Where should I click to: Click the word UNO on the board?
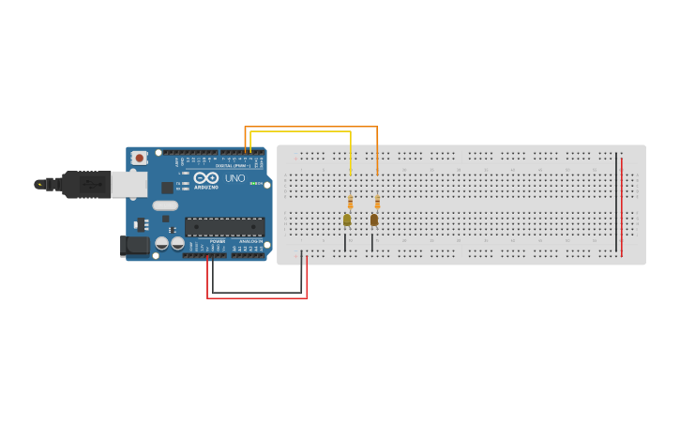(234, 178)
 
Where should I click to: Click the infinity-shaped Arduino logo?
(206, 178)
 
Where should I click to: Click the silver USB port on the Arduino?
(128, 184)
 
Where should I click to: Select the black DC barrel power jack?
(134, 246)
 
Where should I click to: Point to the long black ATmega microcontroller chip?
(224, 226)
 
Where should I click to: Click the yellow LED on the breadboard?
(346, 220)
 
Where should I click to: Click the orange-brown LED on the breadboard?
(373, 220)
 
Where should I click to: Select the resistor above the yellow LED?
(350, 202)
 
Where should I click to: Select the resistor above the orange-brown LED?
(377, 202)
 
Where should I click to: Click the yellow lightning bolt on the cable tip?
(39, 185)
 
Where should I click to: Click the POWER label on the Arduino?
(217, 241)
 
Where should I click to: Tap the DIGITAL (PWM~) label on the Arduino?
(231, 165)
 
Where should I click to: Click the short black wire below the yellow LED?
(345, 242)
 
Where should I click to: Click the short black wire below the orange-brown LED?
(372, 242)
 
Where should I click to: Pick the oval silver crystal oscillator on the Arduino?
(165, 205)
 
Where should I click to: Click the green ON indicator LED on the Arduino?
(253, 183)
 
